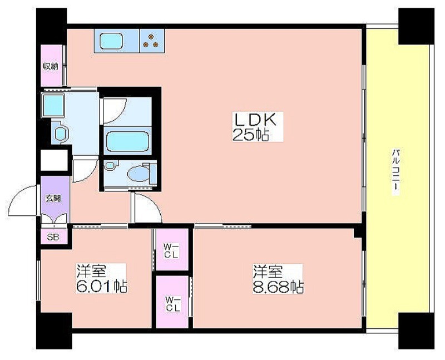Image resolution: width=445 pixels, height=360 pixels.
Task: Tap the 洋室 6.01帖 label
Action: [101, 279]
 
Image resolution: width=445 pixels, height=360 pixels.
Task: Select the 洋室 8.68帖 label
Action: [278, 279]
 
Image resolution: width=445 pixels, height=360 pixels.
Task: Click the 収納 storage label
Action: [51, 66]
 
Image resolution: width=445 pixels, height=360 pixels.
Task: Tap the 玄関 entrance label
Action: [53, 198]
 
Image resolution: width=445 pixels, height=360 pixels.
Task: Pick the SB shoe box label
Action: [53, 237]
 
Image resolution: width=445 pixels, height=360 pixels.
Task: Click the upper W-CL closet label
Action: [172, 251]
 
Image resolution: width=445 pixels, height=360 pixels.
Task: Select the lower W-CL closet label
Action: [173, 304]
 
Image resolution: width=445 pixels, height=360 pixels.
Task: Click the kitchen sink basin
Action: [112, 41]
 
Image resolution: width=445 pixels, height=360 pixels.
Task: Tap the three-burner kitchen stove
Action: [151, 41]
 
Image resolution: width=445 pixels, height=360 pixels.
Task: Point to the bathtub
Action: [127, 141]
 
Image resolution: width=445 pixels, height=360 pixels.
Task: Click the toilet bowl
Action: [139, 174]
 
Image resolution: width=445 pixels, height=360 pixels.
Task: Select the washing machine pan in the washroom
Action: [53, 105]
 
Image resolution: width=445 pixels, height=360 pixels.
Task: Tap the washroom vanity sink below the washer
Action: [60, 133]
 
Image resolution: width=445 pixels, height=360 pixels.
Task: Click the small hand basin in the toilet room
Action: [110, 165]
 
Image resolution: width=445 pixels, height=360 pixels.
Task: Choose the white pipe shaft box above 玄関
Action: [54, 160]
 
